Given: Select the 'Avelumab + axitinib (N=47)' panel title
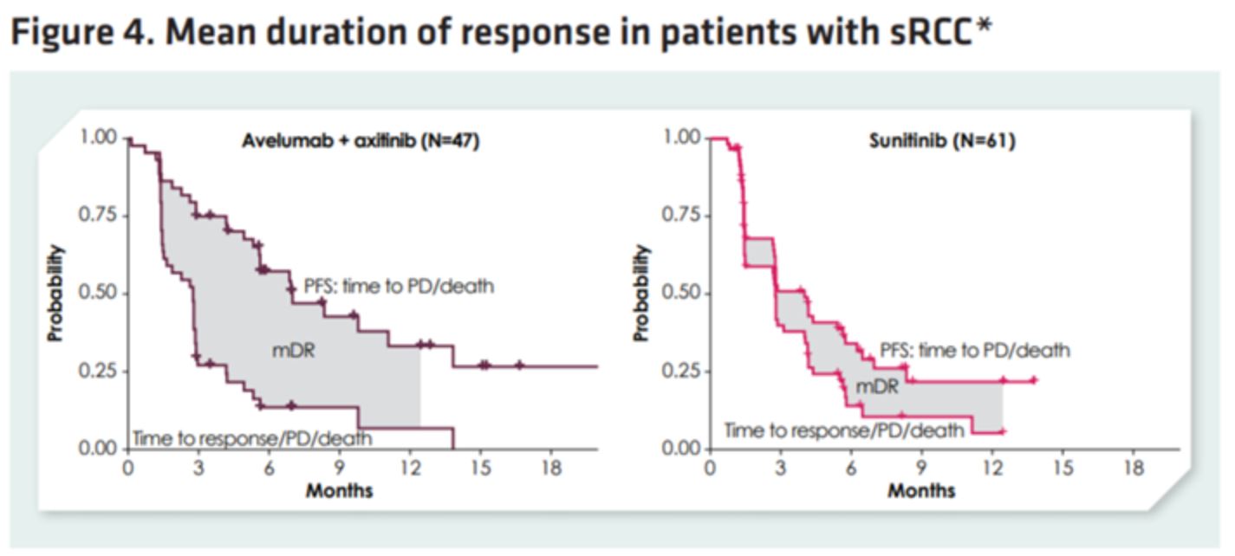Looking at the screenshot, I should click(x=361, y=141).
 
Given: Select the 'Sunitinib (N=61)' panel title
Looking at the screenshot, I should click(x=942, y=141).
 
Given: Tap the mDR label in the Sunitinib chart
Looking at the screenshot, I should click(x=877, y=386).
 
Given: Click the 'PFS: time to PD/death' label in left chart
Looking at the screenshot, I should click(x=399, y=286).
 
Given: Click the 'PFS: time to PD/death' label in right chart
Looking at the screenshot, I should click(x=975, y=351).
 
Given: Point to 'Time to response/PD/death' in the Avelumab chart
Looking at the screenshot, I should click(x=251, y=438).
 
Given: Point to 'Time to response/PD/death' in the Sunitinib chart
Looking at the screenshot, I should click(x=843, y=430).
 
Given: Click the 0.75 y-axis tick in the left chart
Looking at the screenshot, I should click(x=98, y=216).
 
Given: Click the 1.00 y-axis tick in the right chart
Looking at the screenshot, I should click(x=680, y=138).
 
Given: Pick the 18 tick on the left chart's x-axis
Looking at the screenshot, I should click(x=550, y=469).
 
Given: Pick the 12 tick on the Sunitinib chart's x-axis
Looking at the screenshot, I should click(x=991, y=469).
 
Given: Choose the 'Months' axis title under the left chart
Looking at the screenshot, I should click(x=339, y=490).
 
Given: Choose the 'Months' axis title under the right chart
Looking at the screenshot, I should click(x=921, y=490).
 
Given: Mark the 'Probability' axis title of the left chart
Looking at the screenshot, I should click(x=57, y=293).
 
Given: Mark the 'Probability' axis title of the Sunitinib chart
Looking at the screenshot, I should click(x=640, y=293).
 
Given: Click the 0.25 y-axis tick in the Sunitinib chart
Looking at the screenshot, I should click(x=680, y=371).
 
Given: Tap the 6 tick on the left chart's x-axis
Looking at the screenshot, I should click(x=269, y=469).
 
